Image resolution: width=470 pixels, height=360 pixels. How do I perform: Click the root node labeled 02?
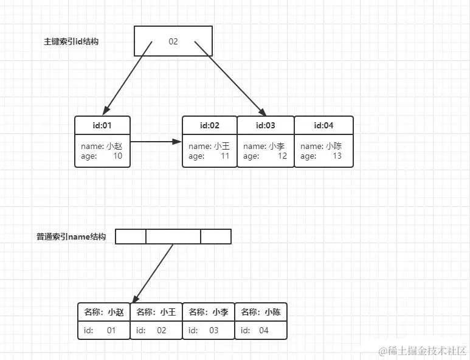pos(173,41)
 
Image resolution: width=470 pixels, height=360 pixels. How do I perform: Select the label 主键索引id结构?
pos(71,42)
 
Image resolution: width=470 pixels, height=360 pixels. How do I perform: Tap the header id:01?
pos(102,125)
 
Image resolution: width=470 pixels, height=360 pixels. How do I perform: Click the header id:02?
pos(209,125)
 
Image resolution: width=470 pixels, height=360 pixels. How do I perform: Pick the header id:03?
pos(265,125)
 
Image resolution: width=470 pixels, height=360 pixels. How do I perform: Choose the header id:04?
pos(324,125)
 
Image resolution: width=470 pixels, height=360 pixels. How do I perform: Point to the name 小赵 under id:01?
pos(114,146)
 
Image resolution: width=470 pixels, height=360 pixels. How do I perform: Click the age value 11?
pos(224,156)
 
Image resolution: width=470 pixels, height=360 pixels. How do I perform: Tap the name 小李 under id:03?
pos(276,146)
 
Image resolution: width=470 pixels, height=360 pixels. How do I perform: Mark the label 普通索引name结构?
pos(71,237)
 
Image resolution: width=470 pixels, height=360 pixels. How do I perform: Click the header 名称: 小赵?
pos(104,312)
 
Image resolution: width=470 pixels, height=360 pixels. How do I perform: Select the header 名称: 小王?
pos(156,312)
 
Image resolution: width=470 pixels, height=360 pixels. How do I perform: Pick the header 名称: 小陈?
pos(260,312)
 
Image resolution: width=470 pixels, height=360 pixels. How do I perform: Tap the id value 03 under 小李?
pos(213,330)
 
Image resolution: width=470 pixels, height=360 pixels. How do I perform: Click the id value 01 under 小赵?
pos(111,330)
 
